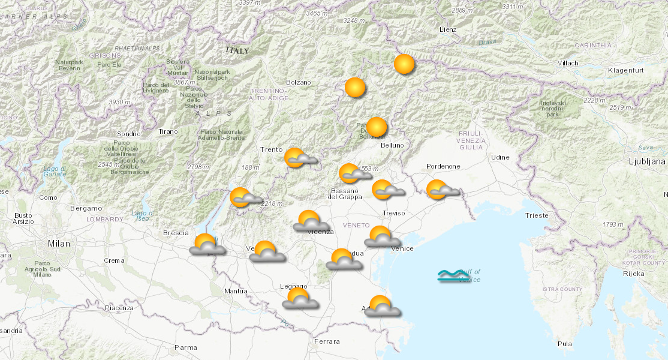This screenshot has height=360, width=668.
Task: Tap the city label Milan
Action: coord(59,244)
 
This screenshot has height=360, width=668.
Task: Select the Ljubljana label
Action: coord(646,161)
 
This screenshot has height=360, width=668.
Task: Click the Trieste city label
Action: coord(536,215)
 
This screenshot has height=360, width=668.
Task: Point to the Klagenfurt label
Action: coord(625,71)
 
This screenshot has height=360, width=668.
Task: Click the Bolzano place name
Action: coord(299,82)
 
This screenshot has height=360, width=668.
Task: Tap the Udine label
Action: coord(500,157)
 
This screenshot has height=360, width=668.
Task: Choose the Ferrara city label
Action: coord(326,341)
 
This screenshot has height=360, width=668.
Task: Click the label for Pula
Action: coord(564,344)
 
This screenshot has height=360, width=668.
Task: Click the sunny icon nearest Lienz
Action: coord(404,64)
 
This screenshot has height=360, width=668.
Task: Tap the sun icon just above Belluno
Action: coord(377,127)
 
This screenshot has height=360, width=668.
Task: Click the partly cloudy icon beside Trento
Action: coord(298,158)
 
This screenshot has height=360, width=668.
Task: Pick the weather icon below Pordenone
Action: coord(441,190)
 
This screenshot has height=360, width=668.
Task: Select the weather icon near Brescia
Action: coord(207,244)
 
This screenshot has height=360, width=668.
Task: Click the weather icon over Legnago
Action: coord(299,298)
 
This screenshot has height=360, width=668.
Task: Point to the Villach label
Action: coord(567,63)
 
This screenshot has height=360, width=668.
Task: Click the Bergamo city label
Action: coord(86,208)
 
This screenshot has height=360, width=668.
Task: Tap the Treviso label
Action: coord(394,213)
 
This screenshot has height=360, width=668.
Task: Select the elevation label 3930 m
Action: coord(119,102)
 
